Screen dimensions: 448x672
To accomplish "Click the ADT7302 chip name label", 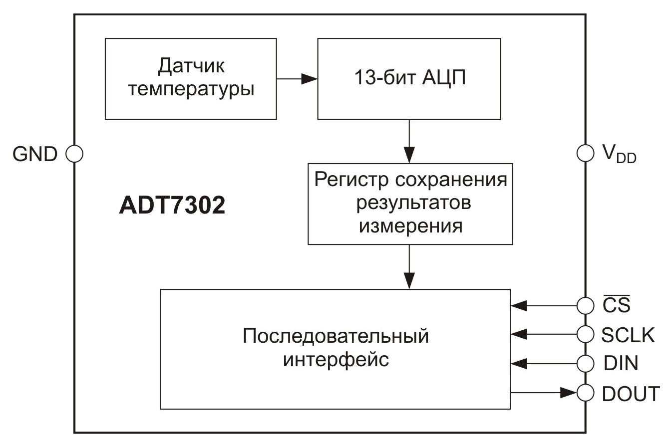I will pos(172,205).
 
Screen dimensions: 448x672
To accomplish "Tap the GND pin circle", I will pos(74,154).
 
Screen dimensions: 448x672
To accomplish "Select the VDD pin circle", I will pos(585,153).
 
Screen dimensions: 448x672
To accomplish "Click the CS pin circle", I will pos(585,305).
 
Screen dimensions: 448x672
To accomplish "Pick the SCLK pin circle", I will pos(585,334).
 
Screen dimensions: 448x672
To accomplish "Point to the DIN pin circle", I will pos(585,363).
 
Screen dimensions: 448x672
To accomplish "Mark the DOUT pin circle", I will pos(585,393).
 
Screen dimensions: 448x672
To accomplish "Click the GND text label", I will pos(35,154).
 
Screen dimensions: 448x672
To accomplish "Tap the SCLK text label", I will pos(628,335).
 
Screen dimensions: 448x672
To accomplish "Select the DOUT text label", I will pos(631,394).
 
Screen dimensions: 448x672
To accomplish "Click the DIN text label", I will pos(621,364).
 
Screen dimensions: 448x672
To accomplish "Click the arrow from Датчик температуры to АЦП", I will pos(297,79).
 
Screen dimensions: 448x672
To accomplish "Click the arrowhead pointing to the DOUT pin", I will pos(568,393).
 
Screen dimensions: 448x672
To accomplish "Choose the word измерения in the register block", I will pos(410,226).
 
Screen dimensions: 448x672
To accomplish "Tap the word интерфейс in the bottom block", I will pos(336,359).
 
